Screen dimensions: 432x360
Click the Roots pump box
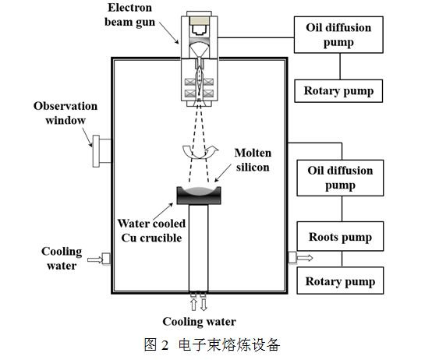(x=340, y=236)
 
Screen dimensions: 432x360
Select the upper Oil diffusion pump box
(x=338, y=35)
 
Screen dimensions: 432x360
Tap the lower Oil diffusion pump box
(x=340, y=178)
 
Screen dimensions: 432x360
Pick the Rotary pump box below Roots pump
(x=340, y=281)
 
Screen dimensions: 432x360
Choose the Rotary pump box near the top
(x=338, y=91)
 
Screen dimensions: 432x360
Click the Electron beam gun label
(x=129, y=15)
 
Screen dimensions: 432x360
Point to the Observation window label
(x=66, y=113)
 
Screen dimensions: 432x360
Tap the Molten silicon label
(x=253, y=160)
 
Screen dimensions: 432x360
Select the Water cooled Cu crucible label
(x=151, y=231)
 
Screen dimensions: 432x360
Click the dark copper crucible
(x=199, y=196)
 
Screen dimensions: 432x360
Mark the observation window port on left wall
(x=101, y=151)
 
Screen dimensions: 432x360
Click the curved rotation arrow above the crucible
(x=200, y=152)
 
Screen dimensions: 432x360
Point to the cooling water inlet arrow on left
(x=95, y=259)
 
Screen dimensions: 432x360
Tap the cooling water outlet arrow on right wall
(x=305, y=258)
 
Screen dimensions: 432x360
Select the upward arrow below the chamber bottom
(x=193, y=305)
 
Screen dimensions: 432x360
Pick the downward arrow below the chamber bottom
(x=204, y=305)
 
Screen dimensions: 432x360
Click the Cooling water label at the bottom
(x=199, y=322)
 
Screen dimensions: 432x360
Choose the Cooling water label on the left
(x=62, y=259)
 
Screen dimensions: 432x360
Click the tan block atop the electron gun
(x=199, y=20)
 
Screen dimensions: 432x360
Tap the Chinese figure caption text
(x=212, y=344)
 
